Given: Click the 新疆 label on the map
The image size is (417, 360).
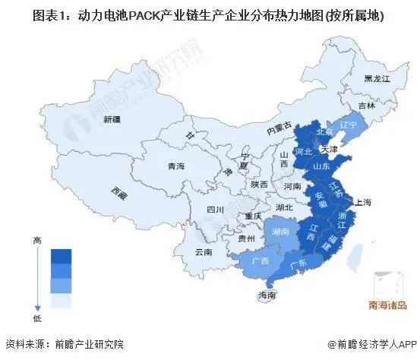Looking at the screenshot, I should pos(112,119).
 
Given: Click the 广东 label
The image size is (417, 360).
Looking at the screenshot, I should pos(299,264).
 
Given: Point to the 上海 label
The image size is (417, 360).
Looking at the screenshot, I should pos(362,202).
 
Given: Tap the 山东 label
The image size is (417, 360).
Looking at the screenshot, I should pos(322,165).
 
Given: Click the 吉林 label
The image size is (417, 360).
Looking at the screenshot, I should pos(368,106).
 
